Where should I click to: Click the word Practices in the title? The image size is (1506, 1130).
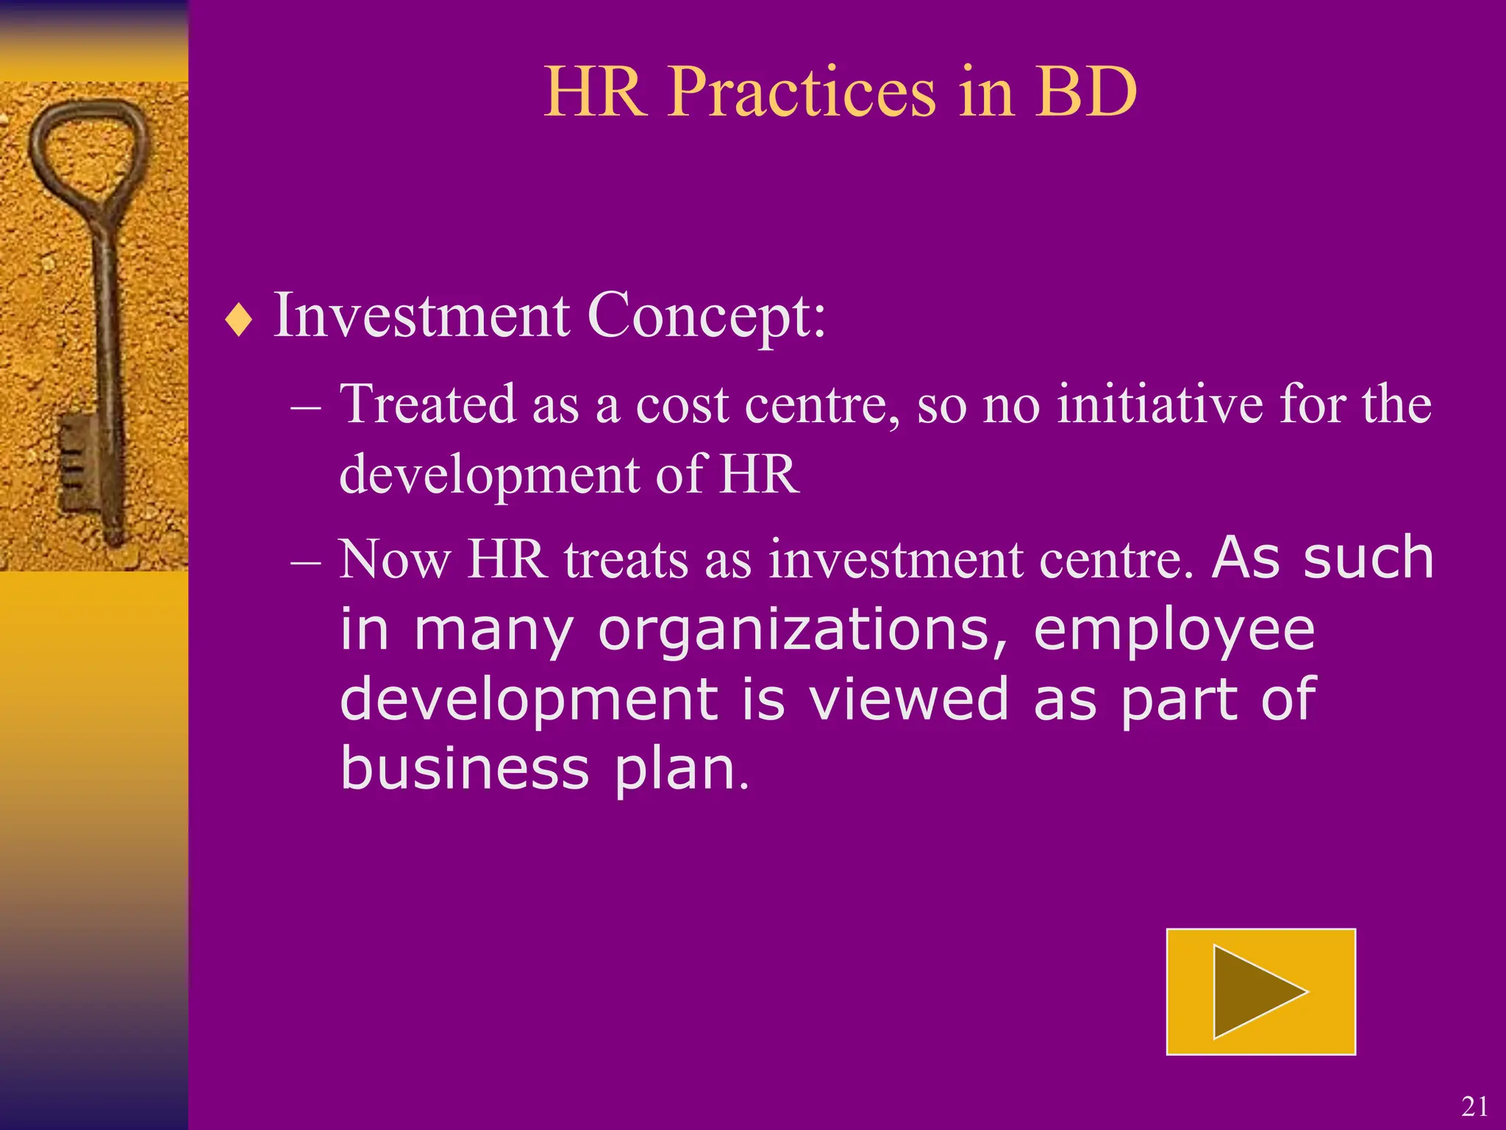[x=802, y=93]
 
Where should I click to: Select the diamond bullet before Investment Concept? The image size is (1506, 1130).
[x=239, y=321]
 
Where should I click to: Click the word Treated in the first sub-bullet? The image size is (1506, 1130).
[x=427, y=405]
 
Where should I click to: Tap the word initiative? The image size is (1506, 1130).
[x=1160, y=405]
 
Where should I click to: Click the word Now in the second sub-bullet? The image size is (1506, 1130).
[x=395, y=560]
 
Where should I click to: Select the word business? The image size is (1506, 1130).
[x=465, y=768]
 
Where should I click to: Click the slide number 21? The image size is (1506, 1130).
[x=1474, y=1106]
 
